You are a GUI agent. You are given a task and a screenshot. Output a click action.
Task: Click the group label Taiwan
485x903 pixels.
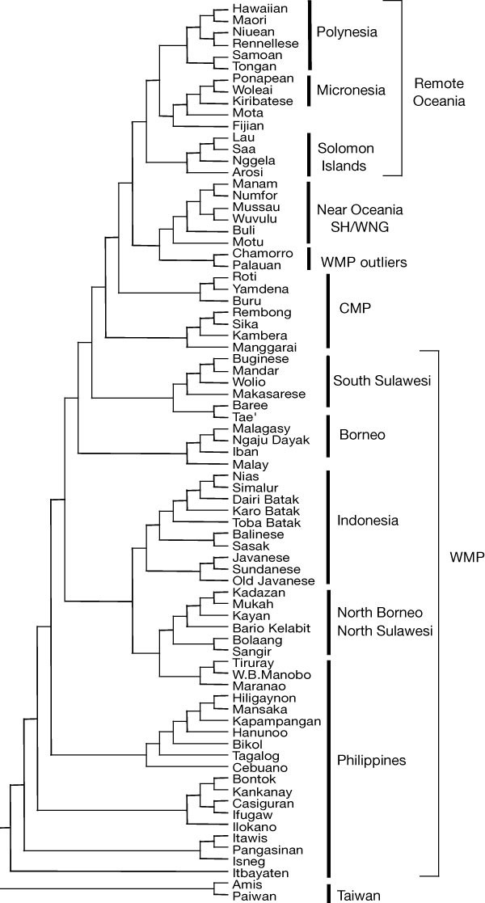(x=356, y=896)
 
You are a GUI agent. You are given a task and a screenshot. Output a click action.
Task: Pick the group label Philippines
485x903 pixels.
(x=371, y=760)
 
